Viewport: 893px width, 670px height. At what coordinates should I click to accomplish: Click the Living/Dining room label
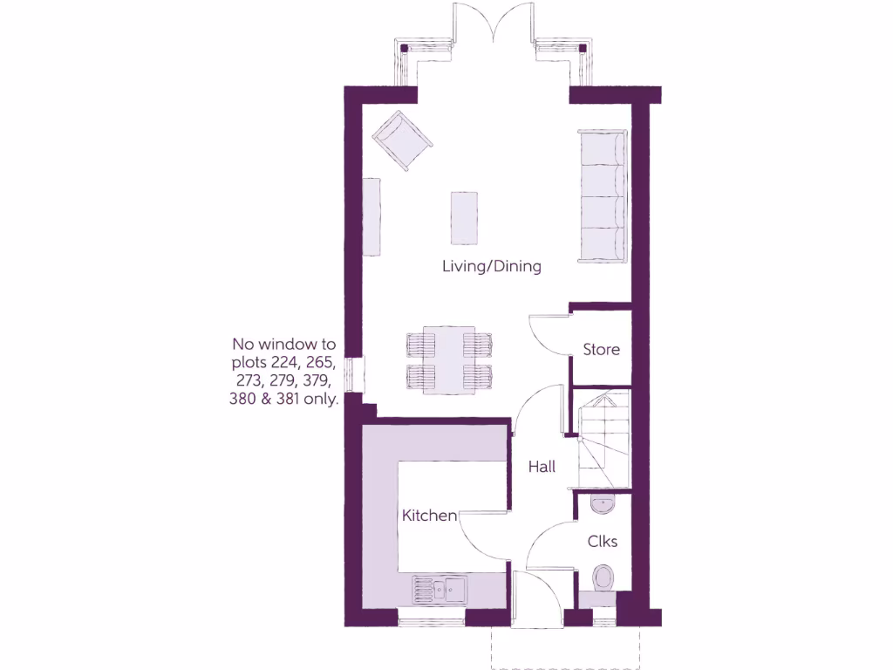click(491, 266)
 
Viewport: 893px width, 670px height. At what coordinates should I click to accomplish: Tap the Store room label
click(601, 349)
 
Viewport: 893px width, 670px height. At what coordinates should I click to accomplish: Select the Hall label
click(542, 467)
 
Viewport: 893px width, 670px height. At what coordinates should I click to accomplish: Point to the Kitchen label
click(428, 516)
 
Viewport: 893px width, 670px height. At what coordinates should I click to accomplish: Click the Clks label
click(602, 542)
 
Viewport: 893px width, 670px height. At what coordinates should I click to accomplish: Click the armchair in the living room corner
click(402, 140)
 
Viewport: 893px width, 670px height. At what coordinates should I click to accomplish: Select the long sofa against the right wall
click(602, 196)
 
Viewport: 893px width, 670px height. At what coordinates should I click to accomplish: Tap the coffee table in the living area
click(463, 217)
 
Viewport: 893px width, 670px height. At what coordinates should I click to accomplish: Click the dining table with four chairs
click(449, 360)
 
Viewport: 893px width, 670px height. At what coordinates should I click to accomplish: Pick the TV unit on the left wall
click(372, 216)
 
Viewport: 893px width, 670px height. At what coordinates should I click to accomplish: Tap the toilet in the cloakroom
click(602, 578)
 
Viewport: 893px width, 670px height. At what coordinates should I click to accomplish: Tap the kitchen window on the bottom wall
click(431, 620)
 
